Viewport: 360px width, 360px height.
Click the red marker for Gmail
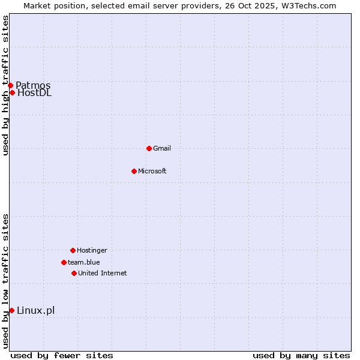[x=149, y=148]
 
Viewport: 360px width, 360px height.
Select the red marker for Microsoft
[x=134, y=171]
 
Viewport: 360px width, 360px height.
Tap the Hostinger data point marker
[x=73, y=250]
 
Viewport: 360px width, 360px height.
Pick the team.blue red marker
[x=64, y=262]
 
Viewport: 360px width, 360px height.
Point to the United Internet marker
[x=74, y=273]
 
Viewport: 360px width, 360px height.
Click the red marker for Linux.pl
[x=11, y=310]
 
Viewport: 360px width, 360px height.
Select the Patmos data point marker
[x=10, y=85]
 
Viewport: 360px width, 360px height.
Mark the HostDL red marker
[x=12, y=92]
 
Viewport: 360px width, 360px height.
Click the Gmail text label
[x=162, y=148]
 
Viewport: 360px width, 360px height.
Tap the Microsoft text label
[x=152, y=171]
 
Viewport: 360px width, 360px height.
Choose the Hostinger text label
[x=92, y=250]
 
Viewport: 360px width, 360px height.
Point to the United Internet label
[x=102, y=273]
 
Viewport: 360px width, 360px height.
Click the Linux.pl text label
[x=35, y=310]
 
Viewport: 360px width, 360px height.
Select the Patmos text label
[x=33, y=85]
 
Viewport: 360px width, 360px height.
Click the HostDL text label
[x=34, y=92]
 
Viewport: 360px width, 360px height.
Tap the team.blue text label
[x=84, y=262]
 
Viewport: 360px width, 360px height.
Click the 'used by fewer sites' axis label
[x=62, y=355]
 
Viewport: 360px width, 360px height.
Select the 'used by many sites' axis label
[x=301, y=355]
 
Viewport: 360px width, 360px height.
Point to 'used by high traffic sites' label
[x=5, y=85]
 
